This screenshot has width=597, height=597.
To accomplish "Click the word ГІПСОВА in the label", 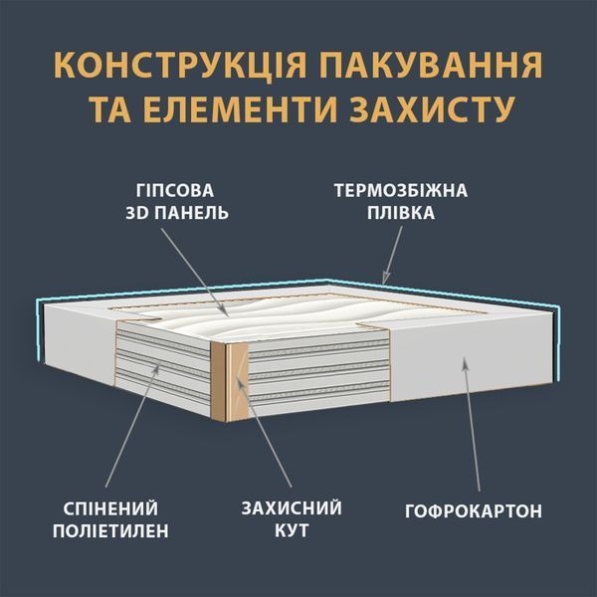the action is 175,191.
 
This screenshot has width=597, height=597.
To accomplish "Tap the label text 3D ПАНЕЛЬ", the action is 177,213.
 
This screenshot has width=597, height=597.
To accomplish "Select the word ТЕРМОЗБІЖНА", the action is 401,190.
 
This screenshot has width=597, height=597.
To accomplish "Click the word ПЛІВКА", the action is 401,213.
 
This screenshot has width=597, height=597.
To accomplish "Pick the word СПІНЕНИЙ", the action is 110,508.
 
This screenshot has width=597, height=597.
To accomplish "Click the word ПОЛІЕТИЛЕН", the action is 110,530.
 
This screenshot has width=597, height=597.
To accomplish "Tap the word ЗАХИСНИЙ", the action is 292,508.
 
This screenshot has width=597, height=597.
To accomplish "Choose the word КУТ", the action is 292,530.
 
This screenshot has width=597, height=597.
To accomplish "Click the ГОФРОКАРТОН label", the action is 474,511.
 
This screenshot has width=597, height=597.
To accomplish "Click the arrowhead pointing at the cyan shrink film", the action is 386,278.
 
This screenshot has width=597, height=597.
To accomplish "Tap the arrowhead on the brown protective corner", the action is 239,382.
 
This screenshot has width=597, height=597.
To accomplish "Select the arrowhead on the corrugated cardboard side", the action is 464,362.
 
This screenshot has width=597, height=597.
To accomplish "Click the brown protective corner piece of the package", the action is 229,381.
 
